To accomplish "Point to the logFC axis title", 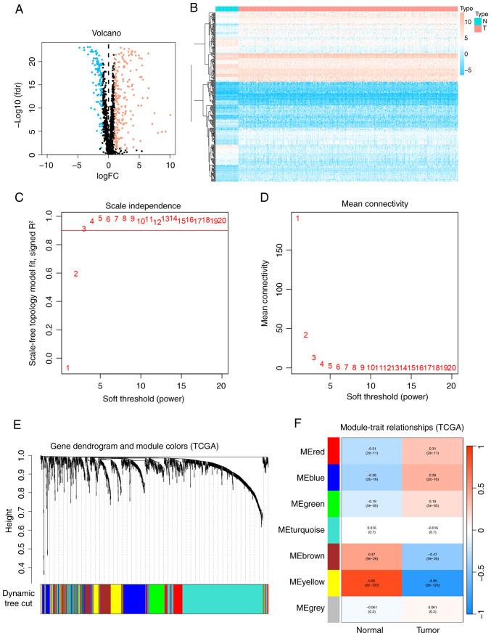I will [x=108, y=175].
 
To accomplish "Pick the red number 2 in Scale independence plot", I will [x=75, y=274].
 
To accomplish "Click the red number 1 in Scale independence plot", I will [x=67, y=368].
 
